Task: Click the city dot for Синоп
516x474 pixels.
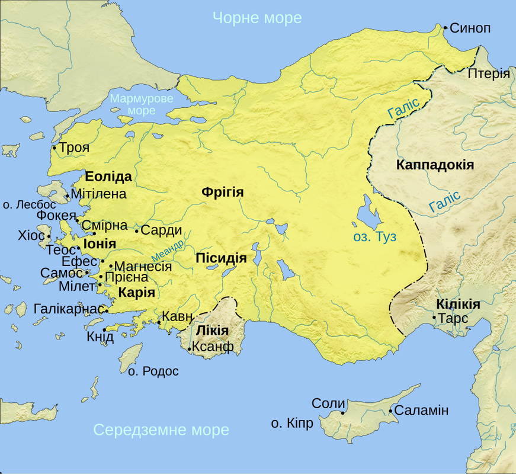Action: (x=444, y=27)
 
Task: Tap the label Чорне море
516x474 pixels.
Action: (x=257, y=18)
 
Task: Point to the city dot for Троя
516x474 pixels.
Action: (x=55, y=148)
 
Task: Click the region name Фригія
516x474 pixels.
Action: (x=223, y=192)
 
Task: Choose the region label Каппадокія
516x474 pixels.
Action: (x=435, y=165)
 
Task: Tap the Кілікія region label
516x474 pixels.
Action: (x=458, y=304)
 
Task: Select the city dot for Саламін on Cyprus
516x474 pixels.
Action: (x=390, y=411)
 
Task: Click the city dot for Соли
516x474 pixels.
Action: (x=343, y=412)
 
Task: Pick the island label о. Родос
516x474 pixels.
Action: (x=153, y=371)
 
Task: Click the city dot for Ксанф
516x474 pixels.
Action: (x=189, y=349)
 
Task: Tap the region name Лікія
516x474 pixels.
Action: (x=211, y=330)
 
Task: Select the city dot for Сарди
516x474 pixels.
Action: (x=137, y=231)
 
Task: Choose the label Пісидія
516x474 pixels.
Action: (x=220, y=258)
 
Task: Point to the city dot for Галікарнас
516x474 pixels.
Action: (x=107, y=309)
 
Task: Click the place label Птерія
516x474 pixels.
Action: (x=489, y=73)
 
